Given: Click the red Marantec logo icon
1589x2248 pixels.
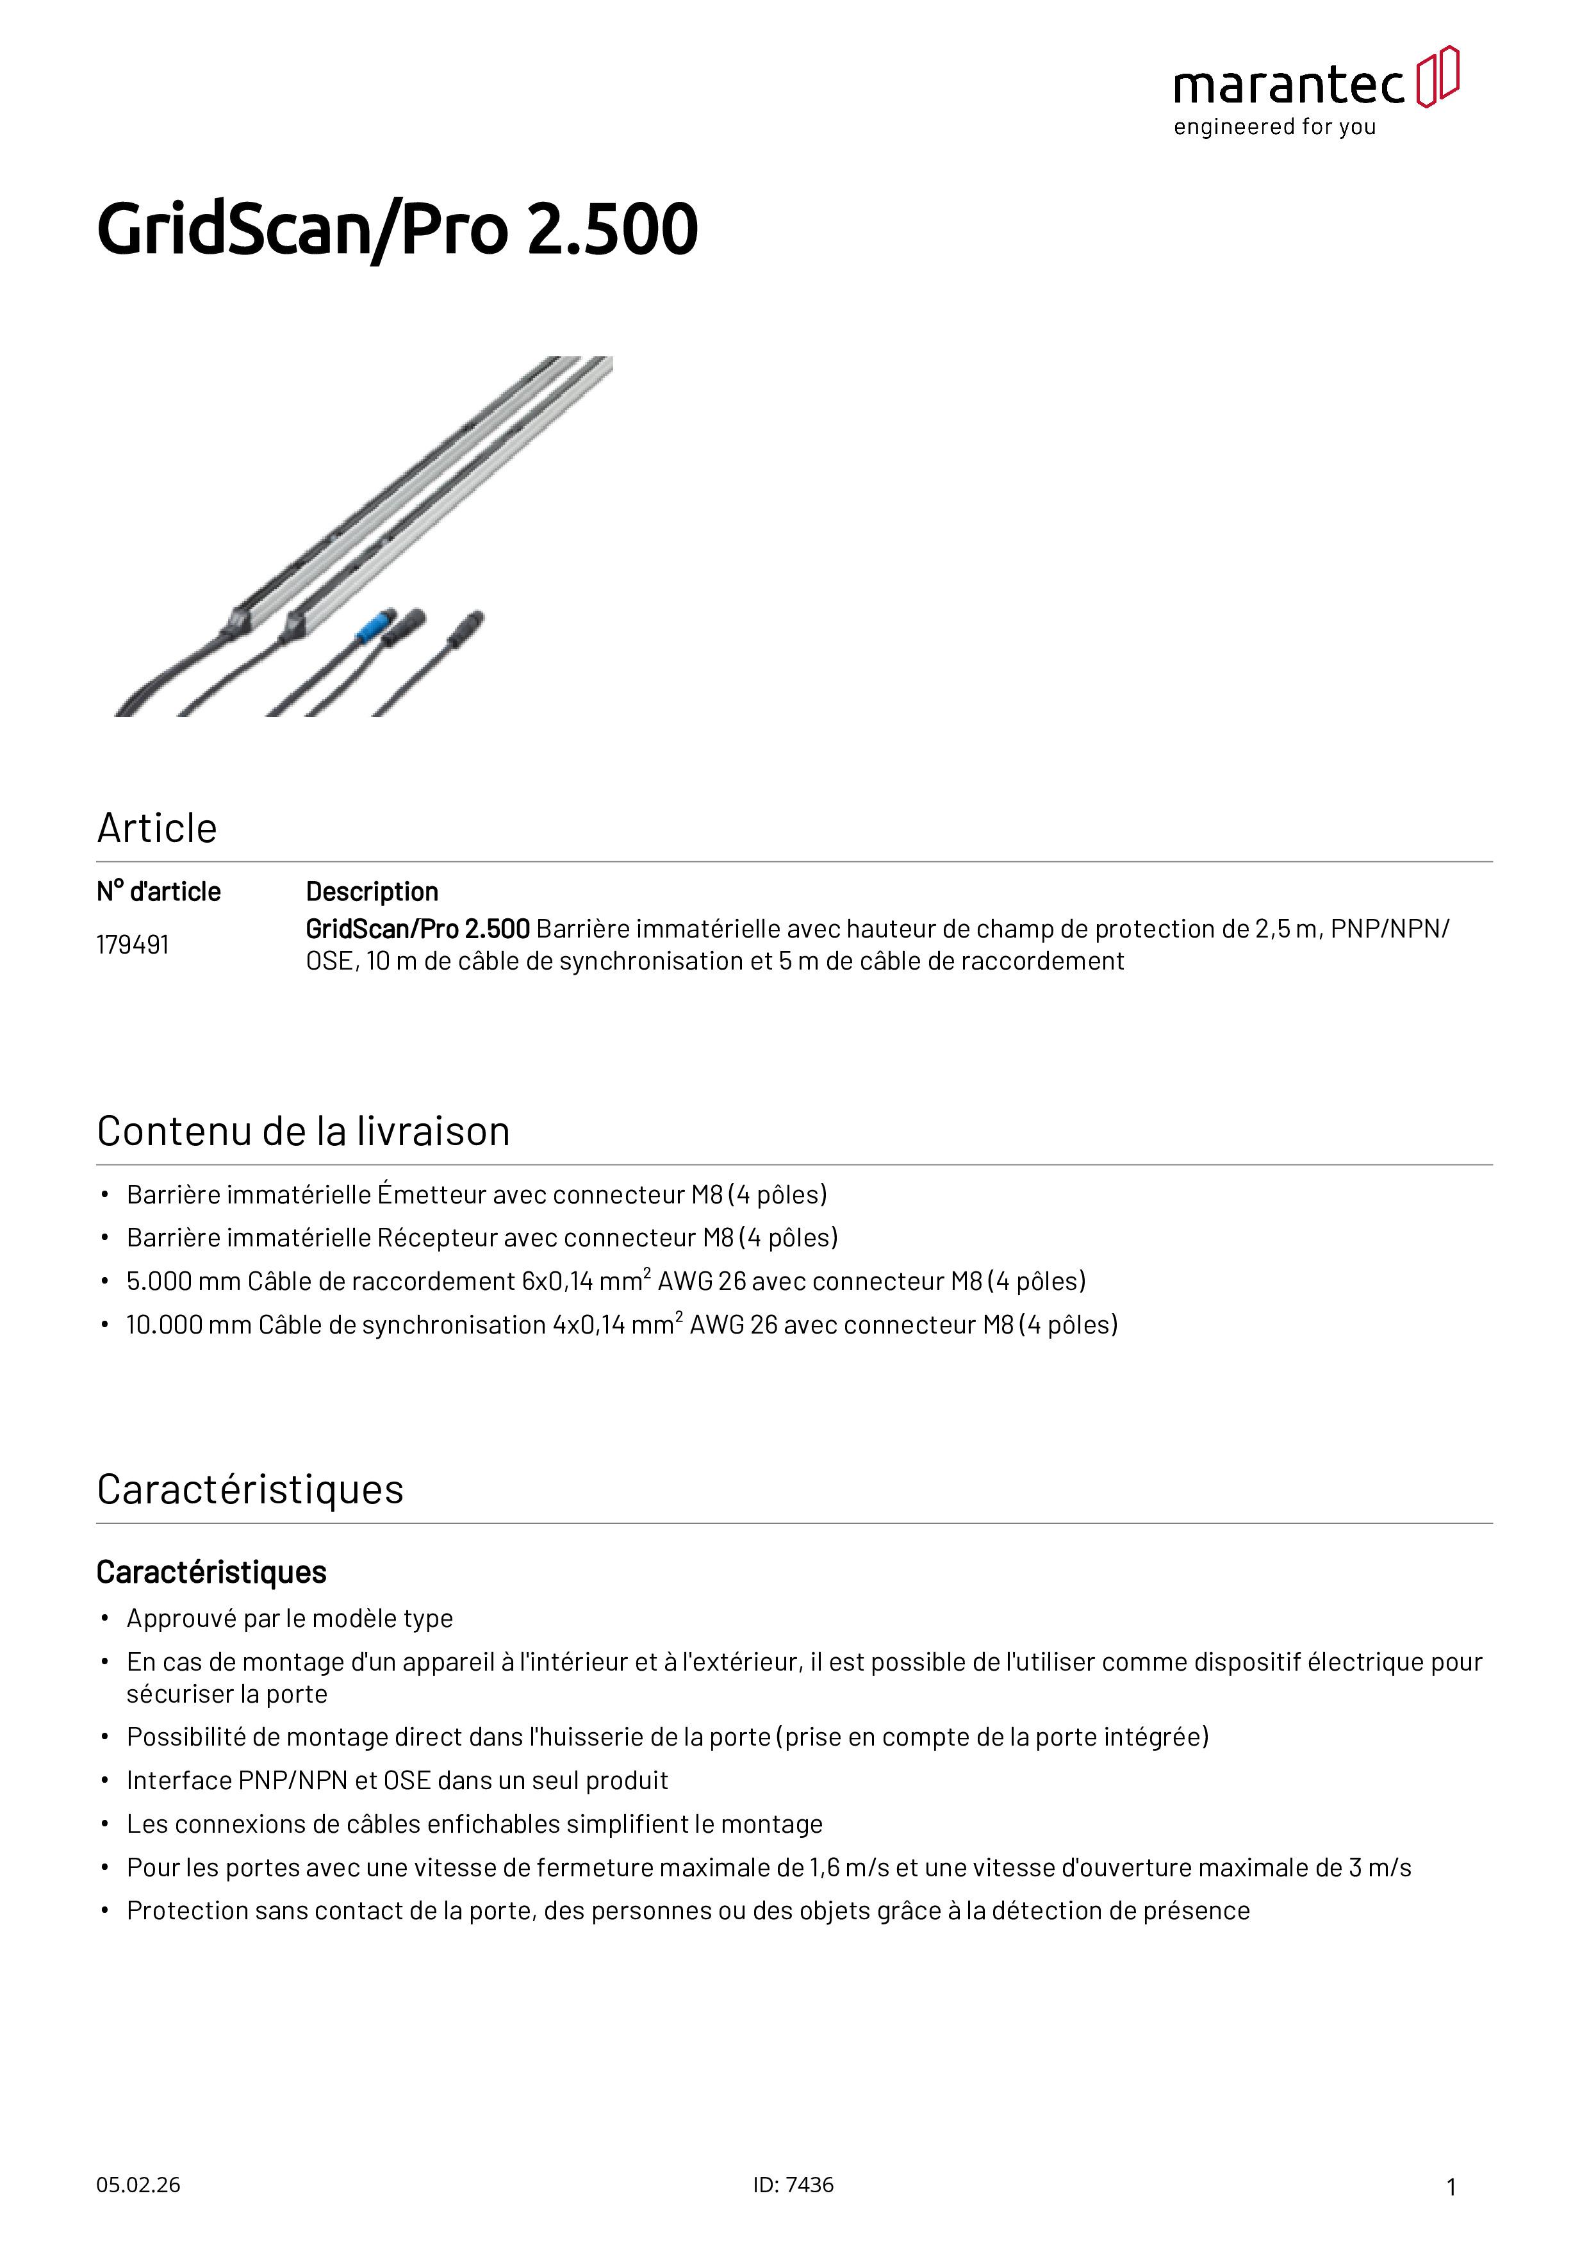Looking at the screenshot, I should click(1437, 76).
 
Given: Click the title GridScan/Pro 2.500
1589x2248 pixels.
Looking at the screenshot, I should click(397, 230).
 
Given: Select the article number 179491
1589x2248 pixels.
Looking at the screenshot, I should click(132, 945).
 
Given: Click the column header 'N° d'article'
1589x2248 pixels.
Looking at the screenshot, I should click(159, 892).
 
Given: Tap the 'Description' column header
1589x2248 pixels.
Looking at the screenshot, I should click(372, 892).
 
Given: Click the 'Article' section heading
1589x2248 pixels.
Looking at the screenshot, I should click(156, 829).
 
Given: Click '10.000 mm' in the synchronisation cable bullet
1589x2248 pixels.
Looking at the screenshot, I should click(189, 1325).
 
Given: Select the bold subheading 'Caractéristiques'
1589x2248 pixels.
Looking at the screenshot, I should click(211, 1573).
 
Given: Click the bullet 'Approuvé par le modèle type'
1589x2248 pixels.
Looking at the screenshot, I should click(290, 1619).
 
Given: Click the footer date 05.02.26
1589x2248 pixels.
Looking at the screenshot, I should click(138, 2185).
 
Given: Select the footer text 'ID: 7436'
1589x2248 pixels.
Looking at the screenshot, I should click(793, 2185).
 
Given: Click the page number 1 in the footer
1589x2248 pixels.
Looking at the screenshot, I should click(1451, 2186).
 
